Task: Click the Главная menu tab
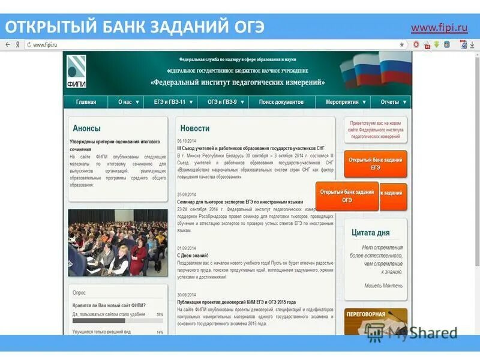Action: click(86, 102)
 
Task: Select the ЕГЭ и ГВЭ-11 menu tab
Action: click(173, 102)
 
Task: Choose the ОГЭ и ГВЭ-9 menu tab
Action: click(223, 102)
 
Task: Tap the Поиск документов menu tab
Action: click(281, 102)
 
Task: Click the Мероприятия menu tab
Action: click(346, 102)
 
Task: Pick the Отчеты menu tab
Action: click(393, 102)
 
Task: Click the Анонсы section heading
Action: click(87, 128)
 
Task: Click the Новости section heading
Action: click(195, 128)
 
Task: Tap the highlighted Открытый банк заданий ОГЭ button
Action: click(347, 196)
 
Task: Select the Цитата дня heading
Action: click(371, 233)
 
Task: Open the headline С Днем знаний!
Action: click(193, 255)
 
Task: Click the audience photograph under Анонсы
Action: click(118, 242)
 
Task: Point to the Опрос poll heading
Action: click(79, 292)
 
